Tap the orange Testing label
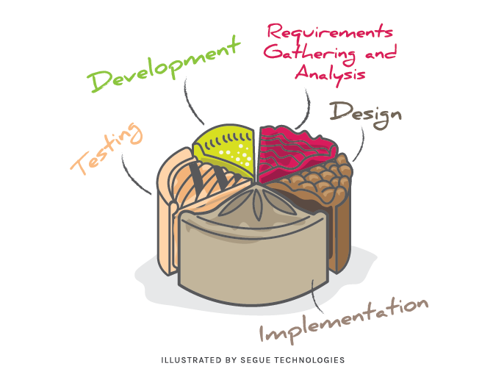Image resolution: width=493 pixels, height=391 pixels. coord(107,149)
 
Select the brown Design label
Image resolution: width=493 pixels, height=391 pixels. coord(365,112)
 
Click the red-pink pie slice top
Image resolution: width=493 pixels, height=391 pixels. coord(294,151)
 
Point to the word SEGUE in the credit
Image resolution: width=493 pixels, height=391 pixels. coord(260,361)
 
